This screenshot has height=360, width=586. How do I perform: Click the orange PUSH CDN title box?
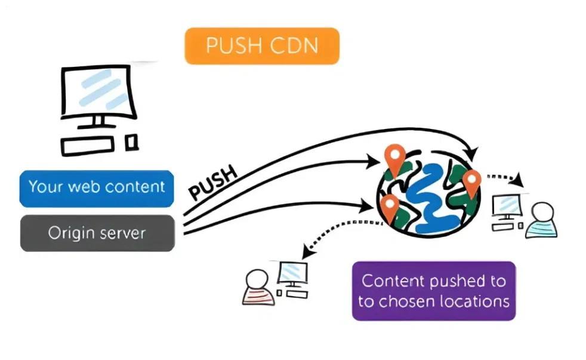(x=262, y=45)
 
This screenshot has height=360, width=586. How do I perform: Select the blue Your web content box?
(x=97, y=186)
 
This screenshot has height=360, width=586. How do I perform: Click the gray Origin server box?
(x=97, y=233)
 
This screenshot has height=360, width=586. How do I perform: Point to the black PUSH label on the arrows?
(x=213, y=183)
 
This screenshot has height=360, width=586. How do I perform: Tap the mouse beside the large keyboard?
(x=132, y=142)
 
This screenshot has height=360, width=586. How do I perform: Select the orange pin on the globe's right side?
(x=471, y=183)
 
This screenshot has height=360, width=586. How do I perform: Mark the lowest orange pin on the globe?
(x=390, y=207)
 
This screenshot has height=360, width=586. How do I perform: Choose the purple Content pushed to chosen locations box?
(x=434, y=290)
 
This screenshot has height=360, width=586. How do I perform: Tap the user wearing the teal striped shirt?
(x=541, y=221)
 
